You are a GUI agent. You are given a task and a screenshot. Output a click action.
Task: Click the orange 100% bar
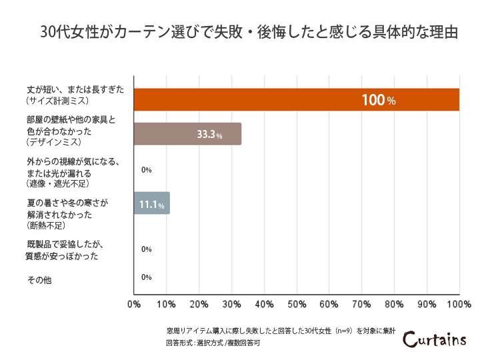(x=297, y=100)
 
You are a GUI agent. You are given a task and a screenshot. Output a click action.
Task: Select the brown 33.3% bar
(x=187, y=134)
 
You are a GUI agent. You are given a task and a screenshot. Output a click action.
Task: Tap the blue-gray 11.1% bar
(x=152, y=203)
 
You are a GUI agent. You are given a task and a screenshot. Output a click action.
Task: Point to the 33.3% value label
(x=209, y=135)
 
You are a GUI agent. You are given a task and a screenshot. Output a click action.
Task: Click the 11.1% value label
(x=152, y=204)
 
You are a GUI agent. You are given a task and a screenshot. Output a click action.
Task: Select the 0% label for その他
(x=147, y=277)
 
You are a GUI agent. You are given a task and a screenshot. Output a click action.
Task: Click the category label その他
(x=39, y=280)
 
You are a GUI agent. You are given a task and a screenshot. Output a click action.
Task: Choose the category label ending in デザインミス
(x=71, y=131)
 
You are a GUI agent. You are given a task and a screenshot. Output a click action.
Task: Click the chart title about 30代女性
(x=249, y=33)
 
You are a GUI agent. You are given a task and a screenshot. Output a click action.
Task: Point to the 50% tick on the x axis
(x=297, y=304)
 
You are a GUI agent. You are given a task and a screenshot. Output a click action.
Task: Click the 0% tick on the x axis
(x=134, y=304)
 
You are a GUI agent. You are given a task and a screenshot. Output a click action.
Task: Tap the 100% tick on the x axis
(x=459, y=304)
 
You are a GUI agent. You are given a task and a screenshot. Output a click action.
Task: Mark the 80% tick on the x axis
(x=394, y=304)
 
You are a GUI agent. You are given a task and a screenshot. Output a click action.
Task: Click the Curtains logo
(x=435, y=339)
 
